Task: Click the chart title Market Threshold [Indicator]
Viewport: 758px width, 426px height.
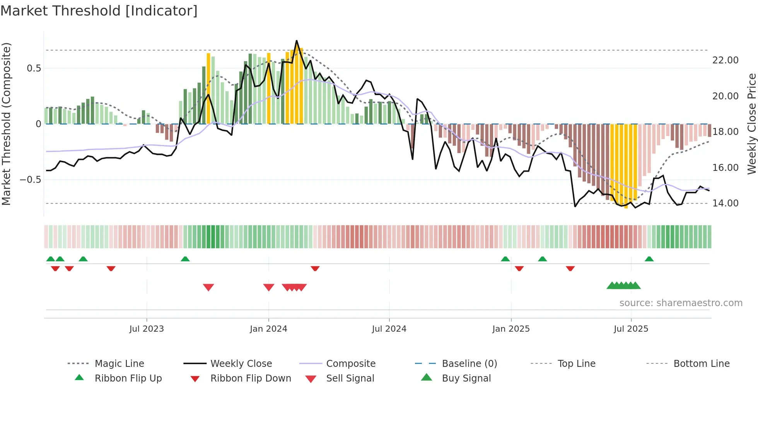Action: (x=99, y=11)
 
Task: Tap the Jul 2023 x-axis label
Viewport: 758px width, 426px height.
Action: (x=147, y=329)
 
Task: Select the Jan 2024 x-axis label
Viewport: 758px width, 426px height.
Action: (x=268, y=329)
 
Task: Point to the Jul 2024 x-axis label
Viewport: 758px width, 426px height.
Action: (x=389, y=329)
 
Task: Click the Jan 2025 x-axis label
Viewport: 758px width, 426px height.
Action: (x=511, y=329)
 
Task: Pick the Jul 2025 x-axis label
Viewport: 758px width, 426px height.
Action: (x=631, y=329)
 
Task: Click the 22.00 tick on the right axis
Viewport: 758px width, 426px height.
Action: (x=725, y=60)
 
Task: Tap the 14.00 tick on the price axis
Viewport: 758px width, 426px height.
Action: (x=725, y=203)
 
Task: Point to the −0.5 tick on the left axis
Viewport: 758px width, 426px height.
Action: (x=30, y=180)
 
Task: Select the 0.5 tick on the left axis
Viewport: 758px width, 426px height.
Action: (x=34, y=68)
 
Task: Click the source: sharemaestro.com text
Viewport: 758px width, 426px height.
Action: (x=681, y=303)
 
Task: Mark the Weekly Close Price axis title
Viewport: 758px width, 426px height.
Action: (x=751, y=124)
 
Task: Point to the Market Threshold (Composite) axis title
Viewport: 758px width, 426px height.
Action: (x=6, y=124)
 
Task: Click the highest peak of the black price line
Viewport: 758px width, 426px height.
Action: (x=297, y=41)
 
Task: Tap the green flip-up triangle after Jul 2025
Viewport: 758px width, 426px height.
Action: (x=649, y=259)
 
